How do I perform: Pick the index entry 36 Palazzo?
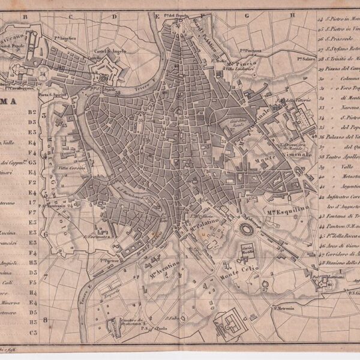pyautogui.click(x=340, y=137)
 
